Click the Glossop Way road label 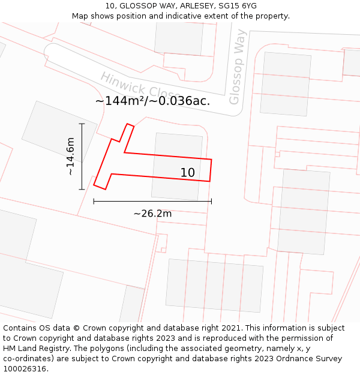pyautogui.click(x=238, y=67)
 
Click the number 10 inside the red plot pyautogui.click(x=187, y=173)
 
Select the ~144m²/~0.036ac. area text pyautogui.click(x=152, y=101)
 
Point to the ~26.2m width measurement pyautogui.click(x=152, y=214)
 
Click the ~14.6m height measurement pyautogui.click(x=70, y=156)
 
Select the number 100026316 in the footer pyautogui.click(x=26, y=369)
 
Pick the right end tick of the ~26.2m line pyautogui.click(x=211, y=202)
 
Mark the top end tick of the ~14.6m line pyautogui.click(x=82, y=124)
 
